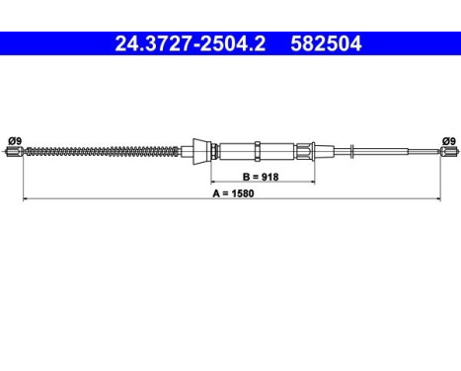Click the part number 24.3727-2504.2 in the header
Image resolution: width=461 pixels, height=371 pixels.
pos(191,43)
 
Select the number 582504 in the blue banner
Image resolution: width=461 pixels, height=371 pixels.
pos(326,43)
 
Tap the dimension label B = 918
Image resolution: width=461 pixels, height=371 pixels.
pos(261,177)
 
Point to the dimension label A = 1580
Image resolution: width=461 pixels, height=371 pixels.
pos(233,193)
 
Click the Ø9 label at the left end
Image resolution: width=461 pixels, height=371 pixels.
pos(15,141)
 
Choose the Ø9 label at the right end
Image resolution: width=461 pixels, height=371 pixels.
pos(449,141)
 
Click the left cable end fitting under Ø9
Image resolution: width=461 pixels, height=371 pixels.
pos(15,151)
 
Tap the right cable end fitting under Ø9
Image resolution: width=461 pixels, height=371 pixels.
pos(449,151)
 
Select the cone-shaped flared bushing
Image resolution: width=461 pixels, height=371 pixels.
pos(200,151)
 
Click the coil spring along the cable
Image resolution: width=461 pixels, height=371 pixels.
pos(102,151)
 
